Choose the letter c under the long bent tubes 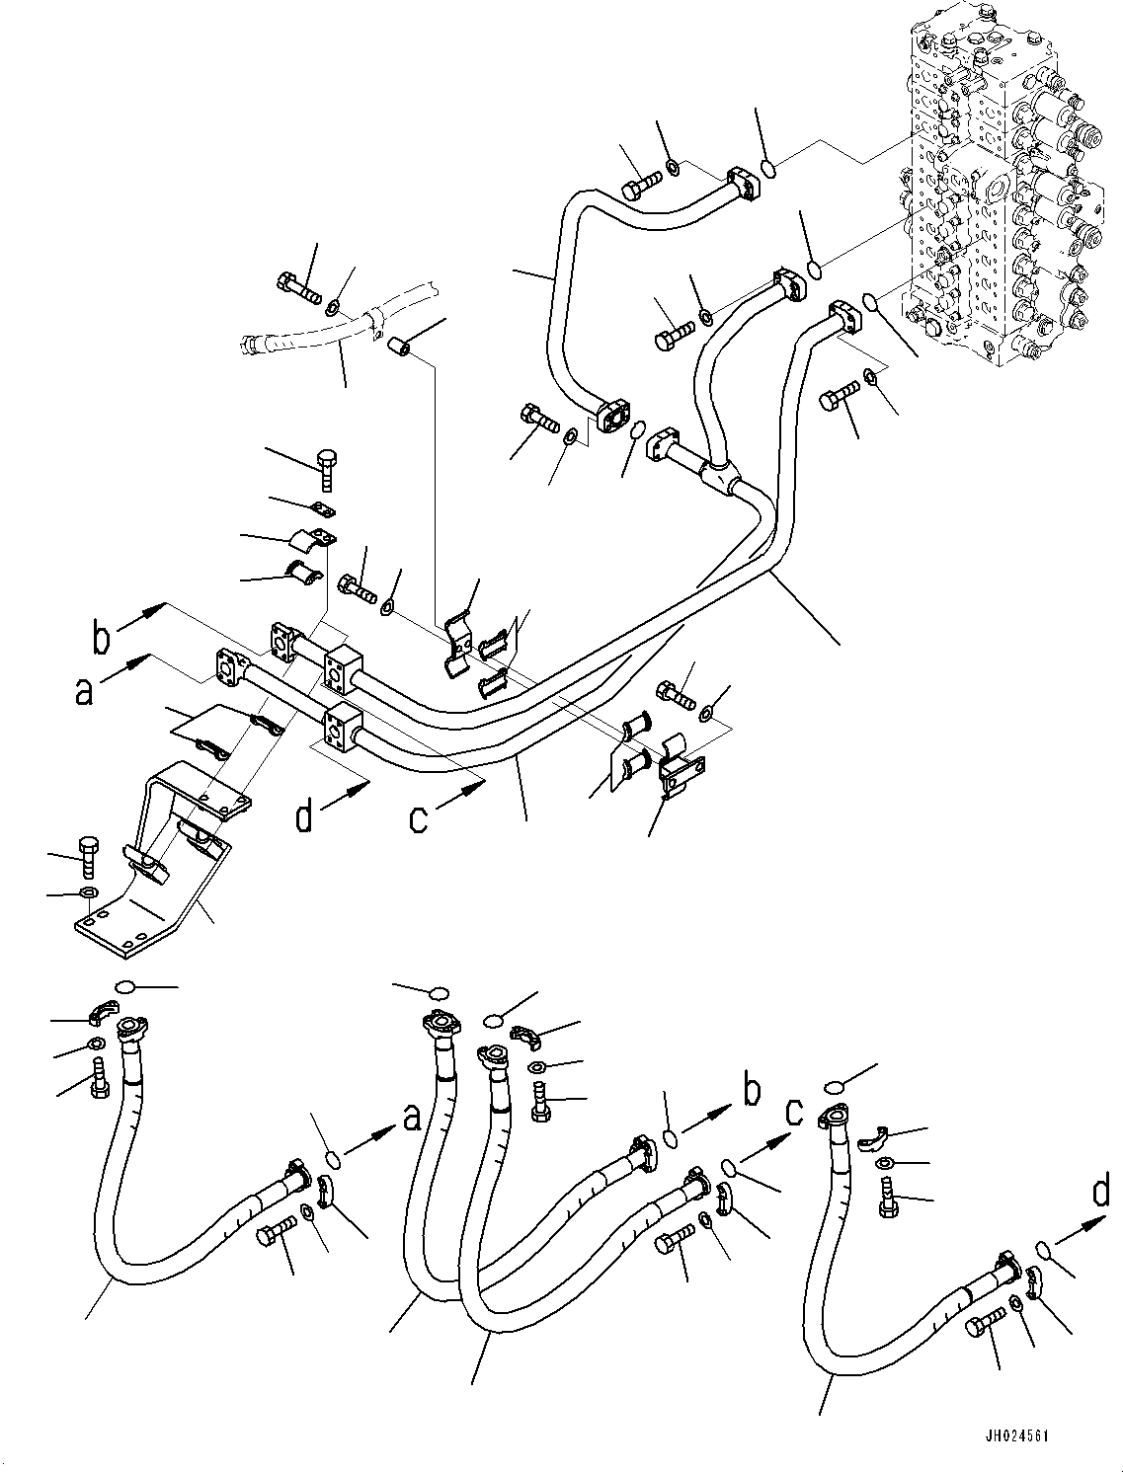tap(420, 817)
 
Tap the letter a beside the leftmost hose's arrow tap(411, 1117)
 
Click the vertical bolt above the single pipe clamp tap(328, 468)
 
